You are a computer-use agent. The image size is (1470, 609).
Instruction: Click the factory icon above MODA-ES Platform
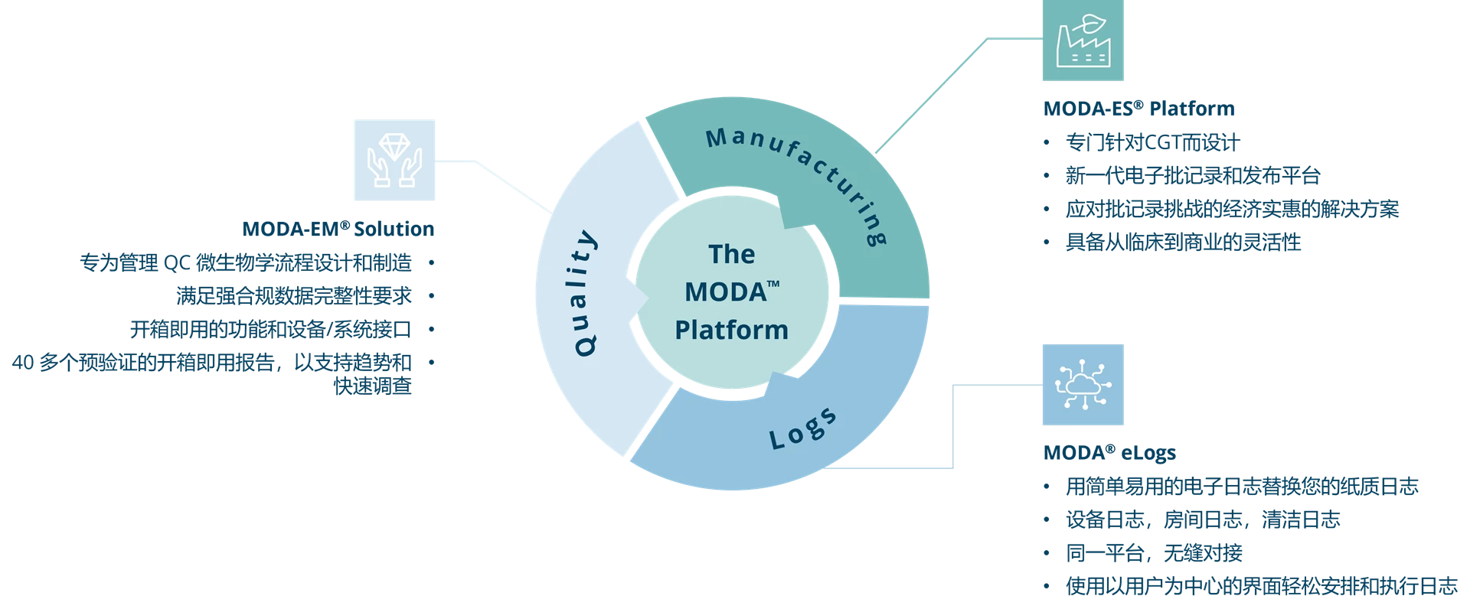click(1083, 42)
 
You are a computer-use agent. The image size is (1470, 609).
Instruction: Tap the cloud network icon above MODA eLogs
click(1083, 385)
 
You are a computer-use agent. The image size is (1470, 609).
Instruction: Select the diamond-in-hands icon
click(394, 159)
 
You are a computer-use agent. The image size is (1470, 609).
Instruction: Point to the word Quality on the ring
click(584, 293)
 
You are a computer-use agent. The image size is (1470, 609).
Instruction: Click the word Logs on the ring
click(803, 428)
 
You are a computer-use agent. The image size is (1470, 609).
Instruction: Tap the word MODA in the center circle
click(731, 291)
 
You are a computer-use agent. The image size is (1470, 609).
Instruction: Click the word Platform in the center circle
click(731, 330)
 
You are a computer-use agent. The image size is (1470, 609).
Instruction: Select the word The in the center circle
click(731, 254)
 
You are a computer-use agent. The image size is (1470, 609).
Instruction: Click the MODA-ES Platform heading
click(1138, 109)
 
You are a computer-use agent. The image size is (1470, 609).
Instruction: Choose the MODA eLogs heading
click(1108, 453)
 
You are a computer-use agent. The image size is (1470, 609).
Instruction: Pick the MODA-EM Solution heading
click(337, 229)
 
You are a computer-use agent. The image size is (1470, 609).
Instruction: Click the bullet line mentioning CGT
click(1152, 142)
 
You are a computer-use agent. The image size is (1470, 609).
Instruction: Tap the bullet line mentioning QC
click(247, 264)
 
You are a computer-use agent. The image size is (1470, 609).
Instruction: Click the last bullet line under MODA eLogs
click(1260, 588)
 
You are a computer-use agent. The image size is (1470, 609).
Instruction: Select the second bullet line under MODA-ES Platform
click(1193, 176)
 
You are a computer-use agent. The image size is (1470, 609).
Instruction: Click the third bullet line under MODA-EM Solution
click(272, 330)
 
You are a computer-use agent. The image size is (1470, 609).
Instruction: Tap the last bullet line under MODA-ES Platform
click(1184, 243)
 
